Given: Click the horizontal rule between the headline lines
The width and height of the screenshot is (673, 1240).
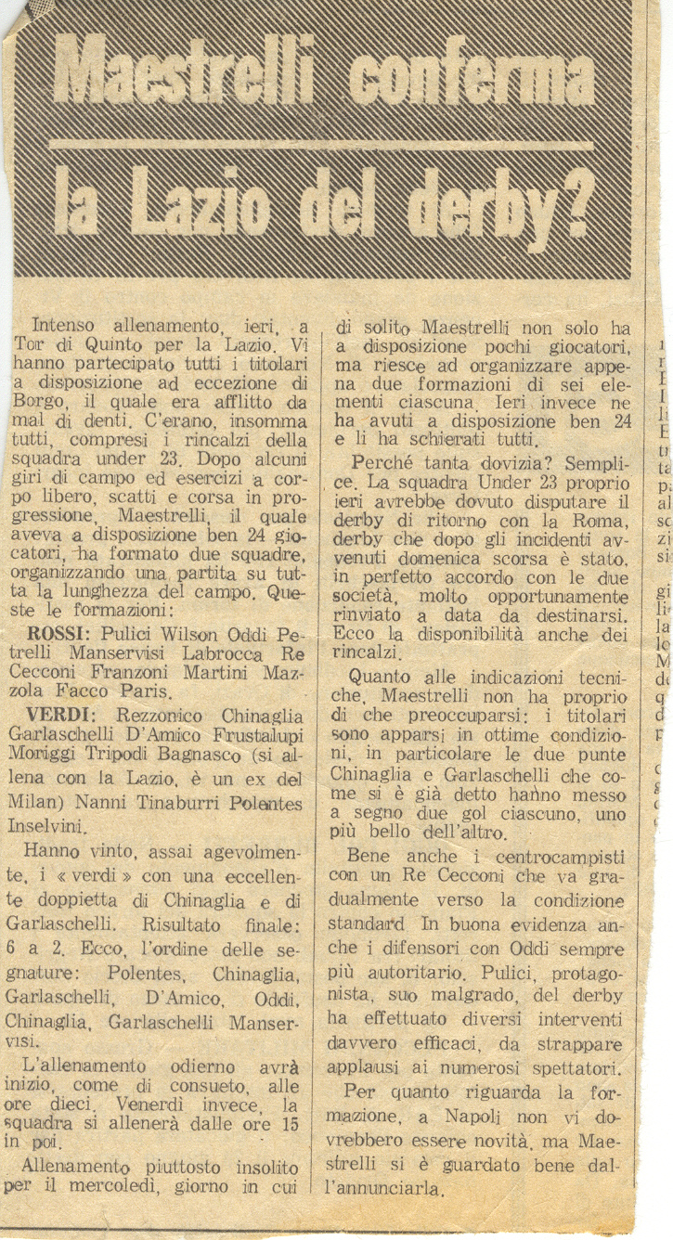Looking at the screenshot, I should click(x=320, y=145).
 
